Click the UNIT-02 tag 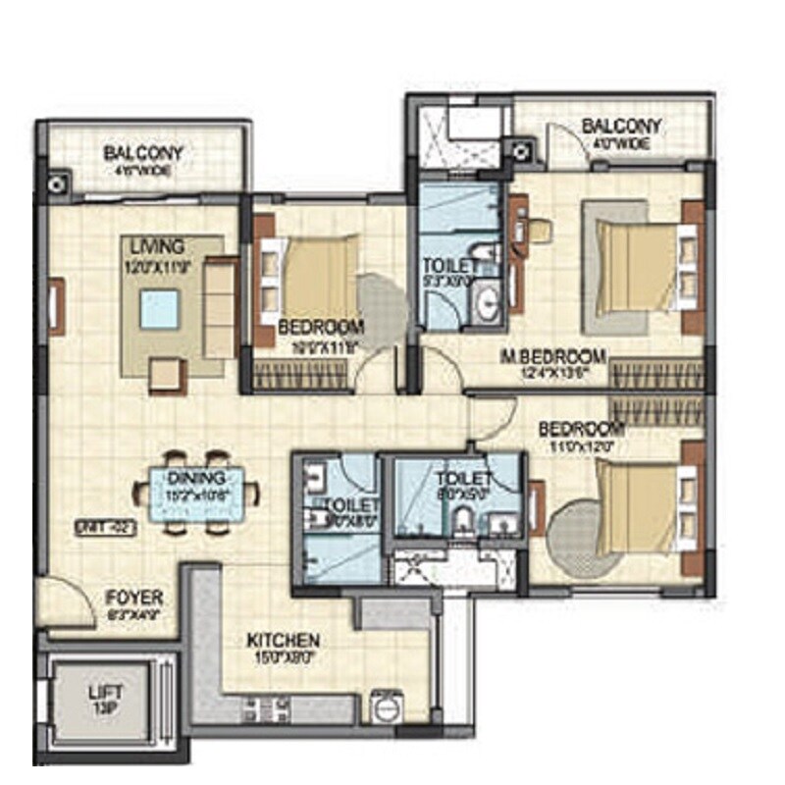104,528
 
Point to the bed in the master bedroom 644,265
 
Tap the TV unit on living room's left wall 56,306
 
